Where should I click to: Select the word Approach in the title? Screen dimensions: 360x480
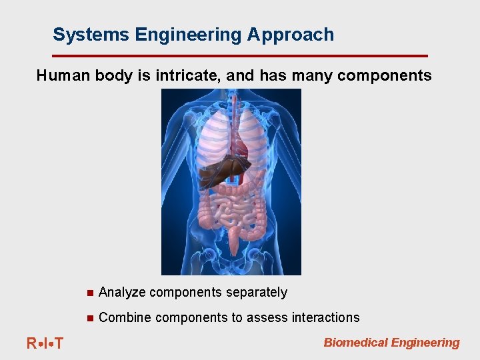click(291, 35)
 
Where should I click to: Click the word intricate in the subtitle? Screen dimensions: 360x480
click(188, 76)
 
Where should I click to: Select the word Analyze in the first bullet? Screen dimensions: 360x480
click(122, 293)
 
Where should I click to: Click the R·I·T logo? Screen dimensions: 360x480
click(45, 343)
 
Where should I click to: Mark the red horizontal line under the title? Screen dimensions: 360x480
click(240, 55)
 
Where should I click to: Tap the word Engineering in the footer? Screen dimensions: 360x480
click(425, 343)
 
